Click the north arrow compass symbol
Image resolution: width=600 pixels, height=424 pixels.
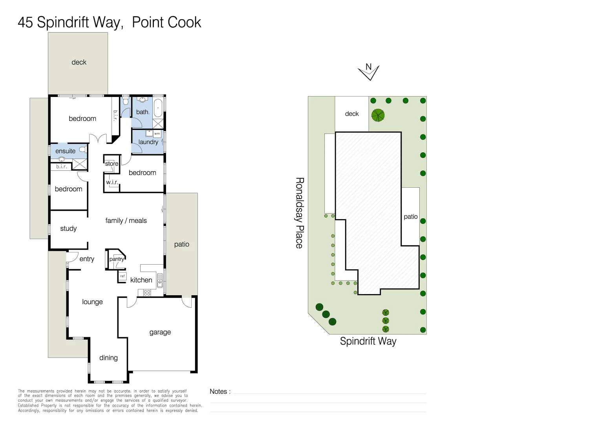368,71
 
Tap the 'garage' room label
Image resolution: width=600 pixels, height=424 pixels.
160,332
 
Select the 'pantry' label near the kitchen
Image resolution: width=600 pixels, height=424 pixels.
117,259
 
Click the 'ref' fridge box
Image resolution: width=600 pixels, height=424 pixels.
123,276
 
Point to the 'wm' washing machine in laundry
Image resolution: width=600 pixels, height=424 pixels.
157,133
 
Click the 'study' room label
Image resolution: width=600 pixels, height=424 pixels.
68,228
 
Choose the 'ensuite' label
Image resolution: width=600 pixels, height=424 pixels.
65,151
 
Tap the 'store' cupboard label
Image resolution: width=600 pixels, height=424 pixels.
112,164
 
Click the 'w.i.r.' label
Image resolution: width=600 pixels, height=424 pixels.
112,182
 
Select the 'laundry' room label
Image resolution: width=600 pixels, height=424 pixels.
148,142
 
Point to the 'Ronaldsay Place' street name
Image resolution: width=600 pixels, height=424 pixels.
300,213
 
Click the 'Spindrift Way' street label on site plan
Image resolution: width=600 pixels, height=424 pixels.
368,341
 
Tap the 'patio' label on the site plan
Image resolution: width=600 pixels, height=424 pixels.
411,217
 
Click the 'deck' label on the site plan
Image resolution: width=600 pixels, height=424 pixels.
352,114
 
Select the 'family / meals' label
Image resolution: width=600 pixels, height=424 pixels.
126,221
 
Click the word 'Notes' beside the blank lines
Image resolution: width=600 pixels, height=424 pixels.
218,391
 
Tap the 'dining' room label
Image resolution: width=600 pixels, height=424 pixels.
108,358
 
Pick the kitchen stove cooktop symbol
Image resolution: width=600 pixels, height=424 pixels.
147,292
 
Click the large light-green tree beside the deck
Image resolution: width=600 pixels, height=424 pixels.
378,115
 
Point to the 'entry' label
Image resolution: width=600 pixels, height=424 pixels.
87,259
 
